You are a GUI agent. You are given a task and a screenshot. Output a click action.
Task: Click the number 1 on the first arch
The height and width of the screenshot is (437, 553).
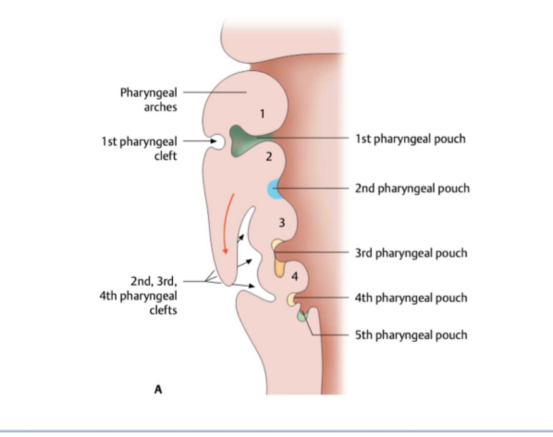point(262,113)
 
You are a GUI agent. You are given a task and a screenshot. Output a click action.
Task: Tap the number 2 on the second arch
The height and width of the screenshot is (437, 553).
point(269,157)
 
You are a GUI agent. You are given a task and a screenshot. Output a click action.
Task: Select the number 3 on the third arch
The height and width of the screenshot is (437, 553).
point(282,223)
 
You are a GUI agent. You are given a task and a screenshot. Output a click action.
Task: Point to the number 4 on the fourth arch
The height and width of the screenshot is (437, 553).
point(295,276)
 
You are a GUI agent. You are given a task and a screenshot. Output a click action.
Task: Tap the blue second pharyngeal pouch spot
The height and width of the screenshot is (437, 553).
point(274,189)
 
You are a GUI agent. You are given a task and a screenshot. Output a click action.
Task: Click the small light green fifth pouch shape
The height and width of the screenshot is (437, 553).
point(301,316)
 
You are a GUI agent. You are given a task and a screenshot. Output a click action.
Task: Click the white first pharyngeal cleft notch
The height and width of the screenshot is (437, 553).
point(218,142)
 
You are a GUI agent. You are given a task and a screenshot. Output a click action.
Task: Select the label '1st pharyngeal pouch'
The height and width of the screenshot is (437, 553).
point(410,139)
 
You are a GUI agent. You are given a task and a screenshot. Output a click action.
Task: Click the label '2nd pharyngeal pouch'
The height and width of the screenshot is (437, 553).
point(412,188)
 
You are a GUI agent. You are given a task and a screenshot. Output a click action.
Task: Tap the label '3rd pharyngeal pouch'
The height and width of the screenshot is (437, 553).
point(411,253)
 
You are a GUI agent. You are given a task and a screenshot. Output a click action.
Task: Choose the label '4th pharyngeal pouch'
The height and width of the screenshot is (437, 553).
point(411,298)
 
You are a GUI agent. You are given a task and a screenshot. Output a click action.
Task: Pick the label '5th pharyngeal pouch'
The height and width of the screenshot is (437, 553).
point(411,335)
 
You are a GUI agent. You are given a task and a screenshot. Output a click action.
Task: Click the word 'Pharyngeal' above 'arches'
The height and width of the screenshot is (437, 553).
point(148,92)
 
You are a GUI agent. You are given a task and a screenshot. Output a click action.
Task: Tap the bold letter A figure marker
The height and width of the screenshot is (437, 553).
point(158,389)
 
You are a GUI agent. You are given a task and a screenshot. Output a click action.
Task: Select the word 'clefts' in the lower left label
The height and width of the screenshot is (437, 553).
point(163,310)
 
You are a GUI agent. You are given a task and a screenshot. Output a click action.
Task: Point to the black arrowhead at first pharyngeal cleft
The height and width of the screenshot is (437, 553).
point(213,141)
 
